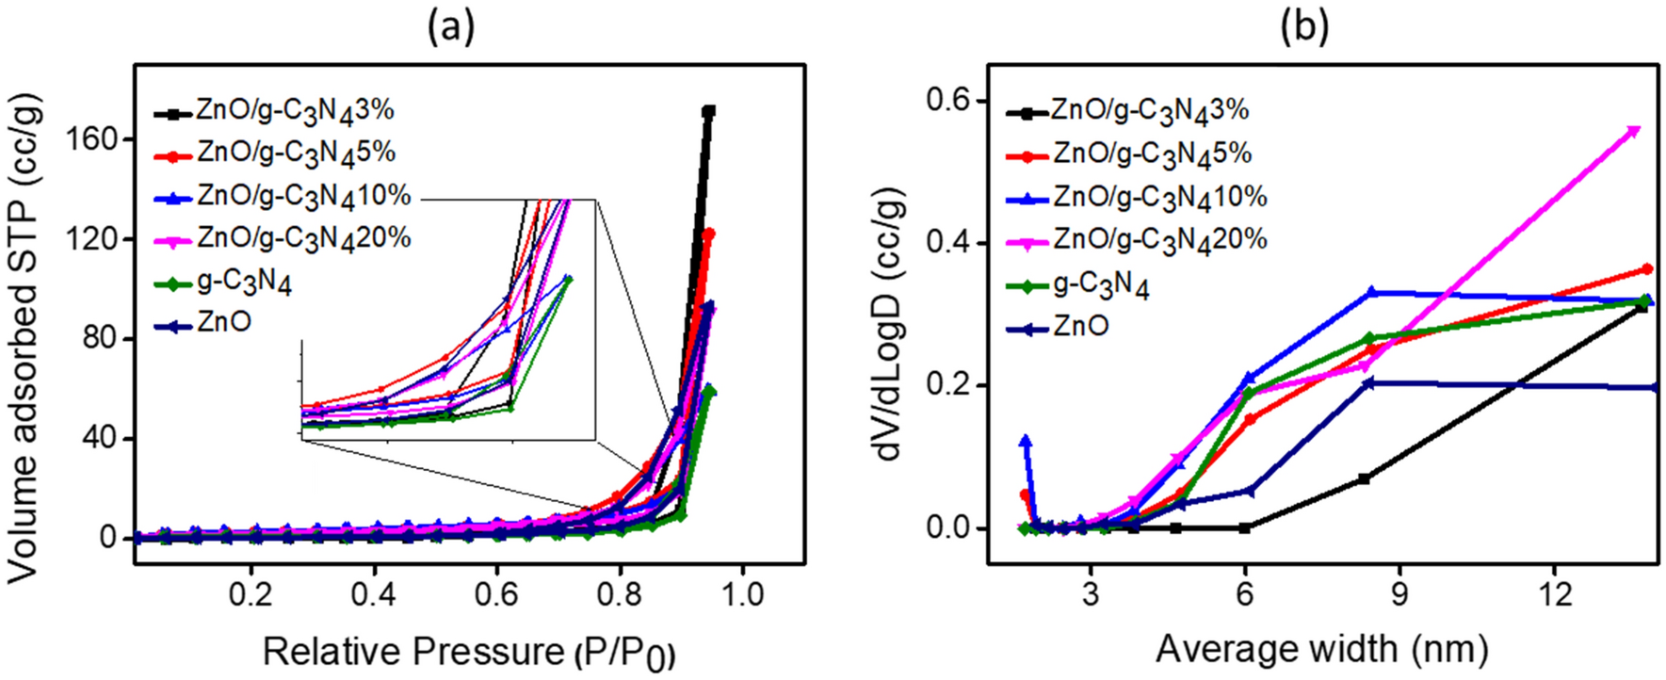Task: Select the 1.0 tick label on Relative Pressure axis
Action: click(743, 595)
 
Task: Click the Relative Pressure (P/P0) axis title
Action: click(468, 652)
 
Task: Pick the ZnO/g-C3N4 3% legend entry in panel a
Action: click(273, 112)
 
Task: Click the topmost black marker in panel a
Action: click(708, 111)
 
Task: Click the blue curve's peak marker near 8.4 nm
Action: click(1372, 293)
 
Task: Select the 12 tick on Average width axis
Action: click(1554, 595)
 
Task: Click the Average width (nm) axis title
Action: click(1322, 650)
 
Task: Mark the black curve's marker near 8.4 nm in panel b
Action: click(1364, 478)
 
